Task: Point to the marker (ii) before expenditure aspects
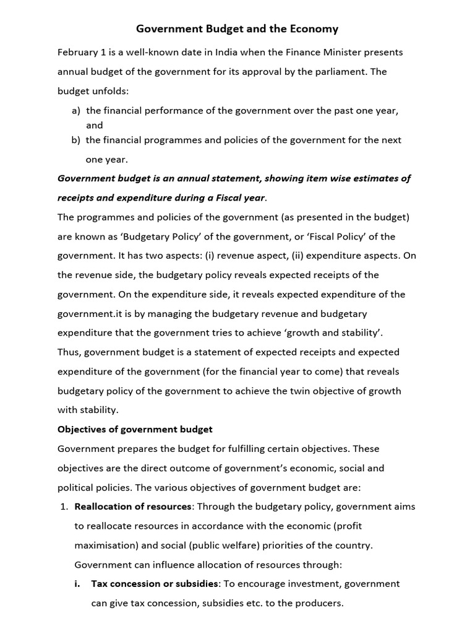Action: (294, 256)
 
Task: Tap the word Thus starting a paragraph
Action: (69, 352)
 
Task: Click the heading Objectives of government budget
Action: (135, 429)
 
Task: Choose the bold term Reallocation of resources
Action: (133, 506)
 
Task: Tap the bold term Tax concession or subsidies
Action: (155, 583)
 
